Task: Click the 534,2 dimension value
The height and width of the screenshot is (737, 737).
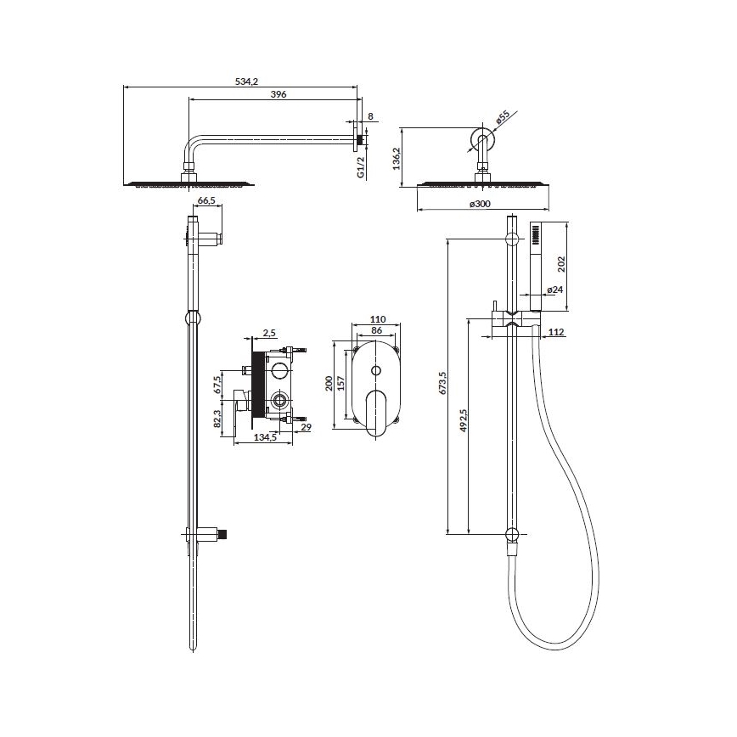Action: pos(245,82)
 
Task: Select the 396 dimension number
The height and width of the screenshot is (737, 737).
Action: pos(278,94)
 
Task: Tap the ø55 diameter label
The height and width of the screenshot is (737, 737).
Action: pos(502,118)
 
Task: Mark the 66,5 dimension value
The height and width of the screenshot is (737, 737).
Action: pos(206,201)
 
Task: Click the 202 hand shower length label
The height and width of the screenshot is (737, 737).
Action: pos(560,264)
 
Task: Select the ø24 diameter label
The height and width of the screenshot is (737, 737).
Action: pos(554,290)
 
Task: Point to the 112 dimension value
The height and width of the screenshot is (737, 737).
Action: pos(556,332)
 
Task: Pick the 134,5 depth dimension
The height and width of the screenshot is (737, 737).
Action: pos(266,438)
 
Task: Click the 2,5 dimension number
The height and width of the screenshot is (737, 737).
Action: pos(270,332)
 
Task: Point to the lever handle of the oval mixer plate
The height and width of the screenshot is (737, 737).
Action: pos(375,416)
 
